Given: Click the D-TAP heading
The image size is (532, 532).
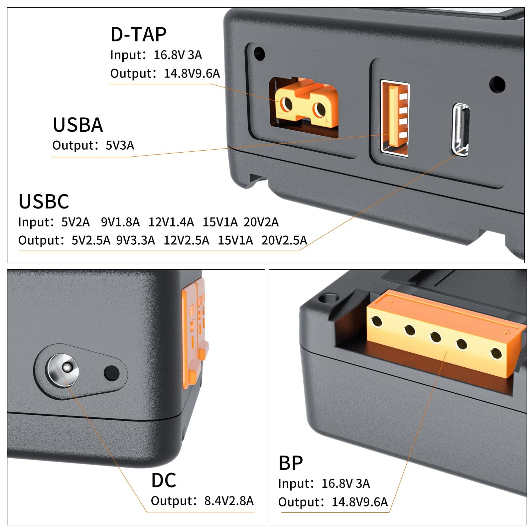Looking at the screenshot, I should pos(138,34).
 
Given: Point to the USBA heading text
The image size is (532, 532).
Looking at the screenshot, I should pos(78,125).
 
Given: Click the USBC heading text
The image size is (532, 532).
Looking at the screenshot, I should pos(44,201).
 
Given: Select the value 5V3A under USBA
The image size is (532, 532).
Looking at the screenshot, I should pos(120,145).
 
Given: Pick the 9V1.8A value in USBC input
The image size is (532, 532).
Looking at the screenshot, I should pos(120,222).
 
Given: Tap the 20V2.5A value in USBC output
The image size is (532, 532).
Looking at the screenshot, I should pos(284,240).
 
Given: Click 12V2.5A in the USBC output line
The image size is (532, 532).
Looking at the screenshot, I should pos(186,240).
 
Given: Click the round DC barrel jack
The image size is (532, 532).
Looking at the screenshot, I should pos(63,370).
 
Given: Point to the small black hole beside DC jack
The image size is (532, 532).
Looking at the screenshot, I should pos(111,373).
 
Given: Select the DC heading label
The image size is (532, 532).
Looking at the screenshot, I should pos(163,480).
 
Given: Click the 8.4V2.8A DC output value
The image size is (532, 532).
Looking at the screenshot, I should pos(229,500).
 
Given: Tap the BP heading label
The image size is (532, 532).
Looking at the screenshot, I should pos(291,463).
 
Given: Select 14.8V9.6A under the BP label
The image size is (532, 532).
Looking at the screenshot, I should pos(360,502).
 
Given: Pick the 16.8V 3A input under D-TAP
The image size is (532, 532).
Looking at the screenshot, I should pos(178,55).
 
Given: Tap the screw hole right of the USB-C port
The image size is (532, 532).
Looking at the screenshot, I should pos(497,84).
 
